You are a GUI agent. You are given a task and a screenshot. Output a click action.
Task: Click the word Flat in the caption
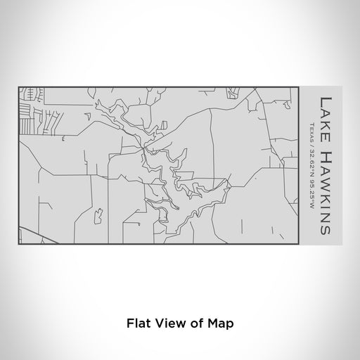pyautogui.click(x=139, y=323)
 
